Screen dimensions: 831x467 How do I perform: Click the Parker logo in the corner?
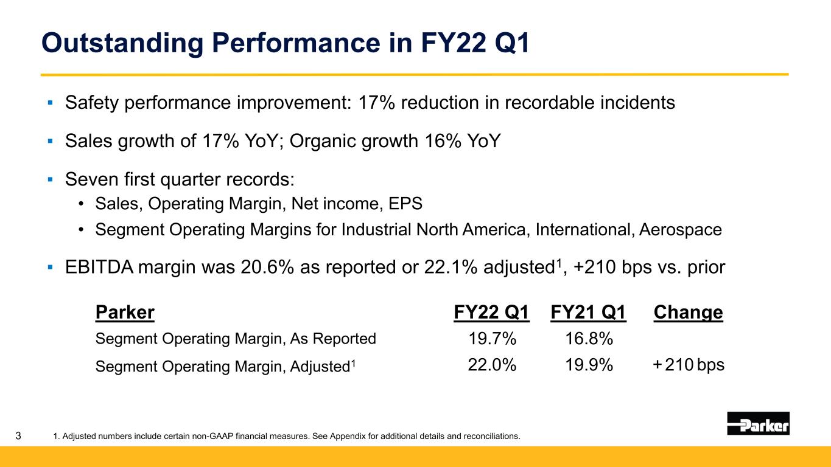[x=758, y=423]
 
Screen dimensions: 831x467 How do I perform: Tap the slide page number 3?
[x=18, y=435]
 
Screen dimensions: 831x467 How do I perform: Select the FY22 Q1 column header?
[x=491, y=312]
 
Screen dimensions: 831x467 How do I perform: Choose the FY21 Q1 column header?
[x=588, y=312]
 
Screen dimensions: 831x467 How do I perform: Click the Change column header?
[x=688, y=312]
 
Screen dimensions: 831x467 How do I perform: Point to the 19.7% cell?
[x=493, y=338]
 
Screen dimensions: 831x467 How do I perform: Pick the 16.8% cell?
[x=589, y=338]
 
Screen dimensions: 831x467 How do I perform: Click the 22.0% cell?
[x=492, y=365]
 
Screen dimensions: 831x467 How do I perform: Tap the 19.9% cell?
[x=589, y=365]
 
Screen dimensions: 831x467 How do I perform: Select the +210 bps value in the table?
[x=689, y=365]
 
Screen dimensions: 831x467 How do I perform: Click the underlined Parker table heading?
[x=125, y=312]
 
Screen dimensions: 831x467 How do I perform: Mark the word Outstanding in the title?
[x=122, y=43]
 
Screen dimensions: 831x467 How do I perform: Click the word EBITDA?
[x=99, y=267]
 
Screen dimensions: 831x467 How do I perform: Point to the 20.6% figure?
[x=267, y=267]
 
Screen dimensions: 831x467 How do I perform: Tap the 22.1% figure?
[x=451, y=267]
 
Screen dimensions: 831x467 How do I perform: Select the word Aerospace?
[x=681, y=229]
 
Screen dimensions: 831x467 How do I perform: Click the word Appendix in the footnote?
[x=347, y=436]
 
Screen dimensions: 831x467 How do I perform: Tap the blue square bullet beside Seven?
[x=51, y=180]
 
